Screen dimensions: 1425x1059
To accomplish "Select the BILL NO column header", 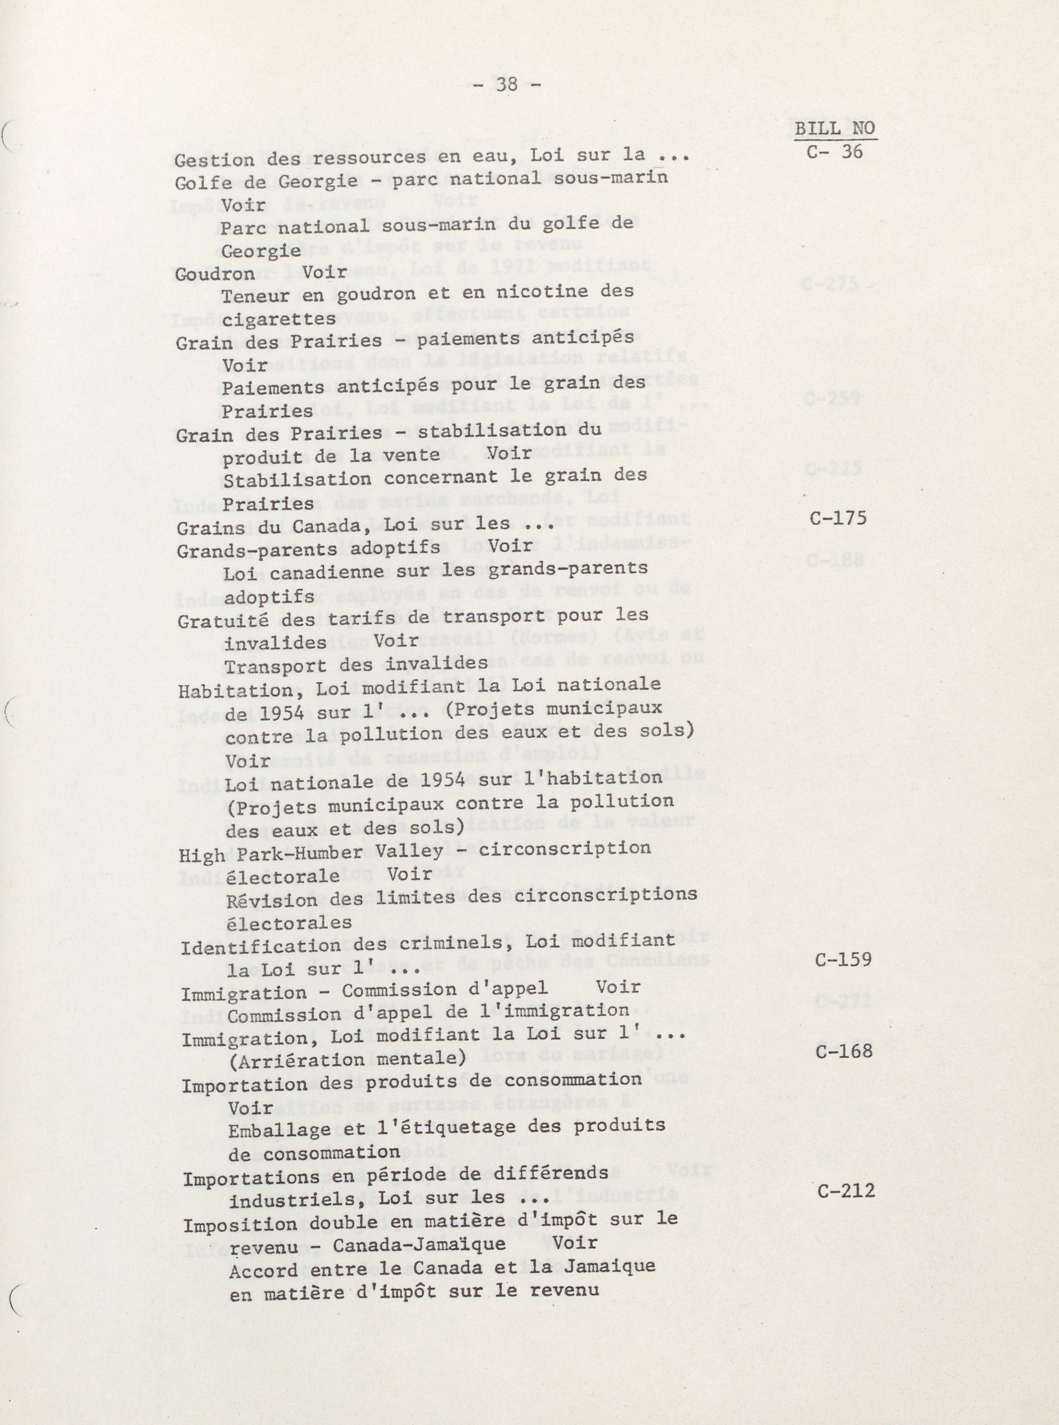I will [835, 128].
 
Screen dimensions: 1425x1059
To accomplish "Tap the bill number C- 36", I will [835, 152].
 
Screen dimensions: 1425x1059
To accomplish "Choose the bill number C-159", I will [843, 960].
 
